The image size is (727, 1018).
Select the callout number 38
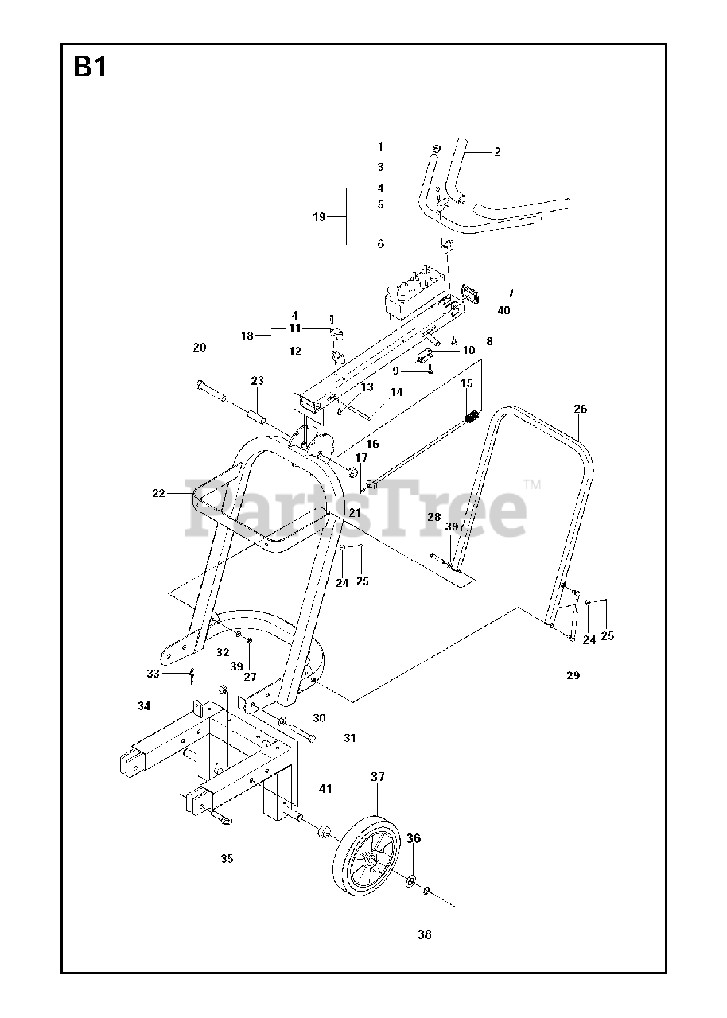[x=424, y=934]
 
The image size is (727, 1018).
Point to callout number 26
[x=581, y=410]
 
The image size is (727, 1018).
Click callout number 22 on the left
[x=159, y=493]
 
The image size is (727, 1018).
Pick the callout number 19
[x=320, y=216]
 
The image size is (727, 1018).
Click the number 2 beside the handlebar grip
[x=497, y=152]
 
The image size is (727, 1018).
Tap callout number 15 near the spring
[x=467, y=383]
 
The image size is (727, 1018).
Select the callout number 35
[x=227, y=858]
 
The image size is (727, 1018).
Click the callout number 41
[x=325, y=789]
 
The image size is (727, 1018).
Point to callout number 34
[x=143, y=705]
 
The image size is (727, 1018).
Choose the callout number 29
[x=573, y=676]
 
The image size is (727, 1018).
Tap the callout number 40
[x=503, y=310]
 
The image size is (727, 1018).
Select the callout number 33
[x=154, y=673]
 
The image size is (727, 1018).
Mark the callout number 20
[x=199, y=347]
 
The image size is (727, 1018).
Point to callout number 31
[x=350, y=738]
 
